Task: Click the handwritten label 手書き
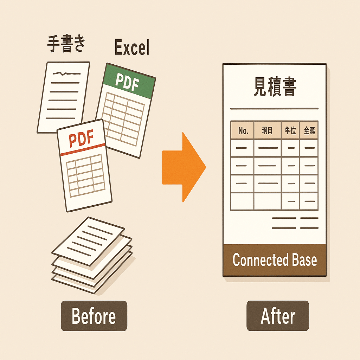point(66,45)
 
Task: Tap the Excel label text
point(132,48)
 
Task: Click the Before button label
point(94,316)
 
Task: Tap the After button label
point(277,316)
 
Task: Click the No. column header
point(243,130)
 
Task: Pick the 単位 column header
point(290,130)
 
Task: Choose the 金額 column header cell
point(309,130)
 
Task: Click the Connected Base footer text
point(275,260)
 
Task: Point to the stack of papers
point(92,255)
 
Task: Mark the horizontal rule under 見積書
point(274,109)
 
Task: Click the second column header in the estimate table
point(268,130)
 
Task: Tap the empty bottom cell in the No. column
point(242,201)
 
